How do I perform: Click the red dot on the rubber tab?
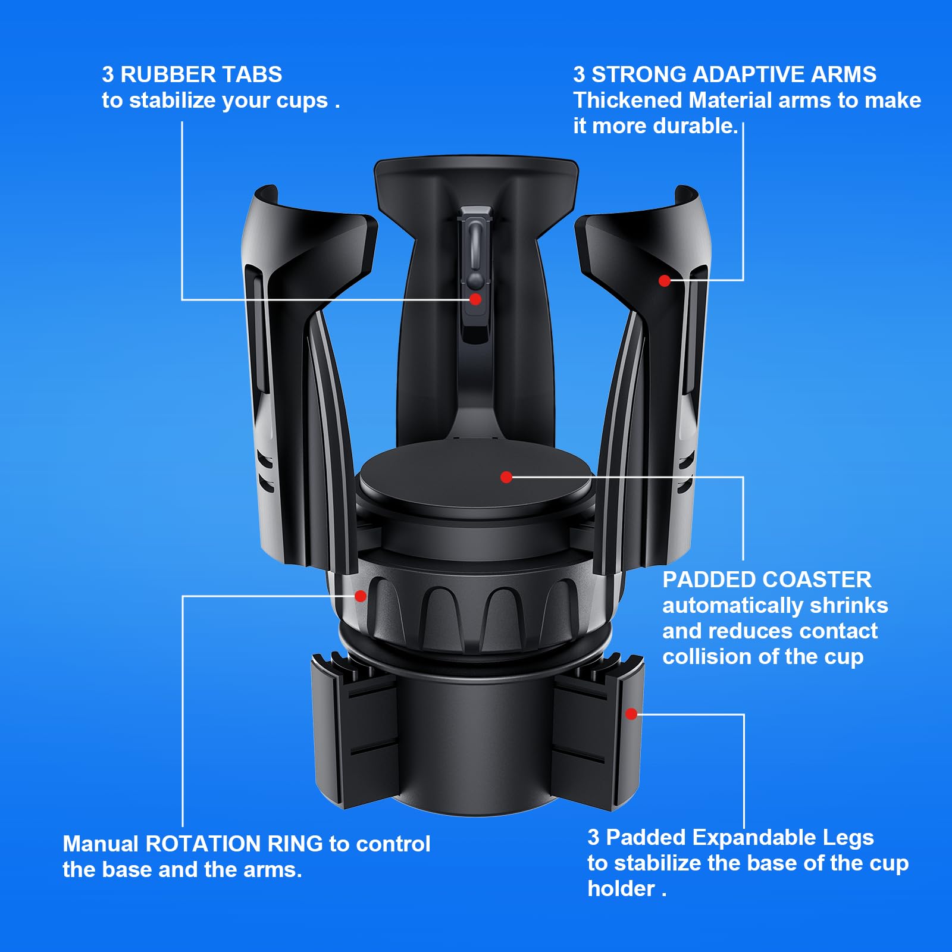tap(475, 299)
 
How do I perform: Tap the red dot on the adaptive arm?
tap(665, 281)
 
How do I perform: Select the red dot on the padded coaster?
tap(506, 477)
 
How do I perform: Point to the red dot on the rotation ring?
tap(361, 596)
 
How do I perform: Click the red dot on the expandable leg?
tap(632, 714)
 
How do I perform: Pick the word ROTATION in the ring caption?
tap(234, 844)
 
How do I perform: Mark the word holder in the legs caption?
tap(621, 889)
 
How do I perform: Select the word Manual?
tap(101, 844)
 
